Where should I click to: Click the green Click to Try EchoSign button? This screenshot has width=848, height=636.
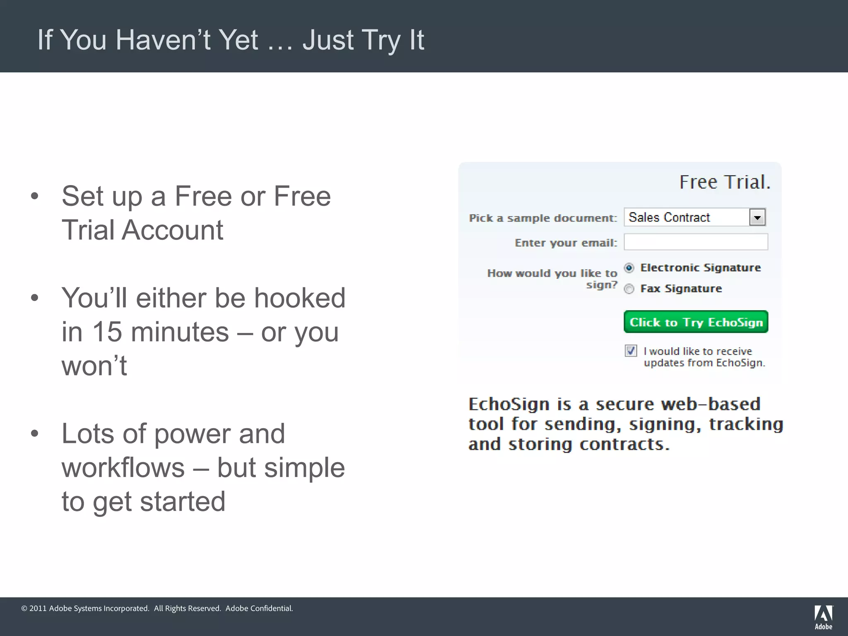pyautogui.click(x=696, y=322)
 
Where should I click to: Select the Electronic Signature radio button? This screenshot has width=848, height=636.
pyautogui.click(x=629, y=268)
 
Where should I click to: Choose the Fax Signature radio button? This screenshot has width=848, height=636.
pyautogui.click(x=629, y=289)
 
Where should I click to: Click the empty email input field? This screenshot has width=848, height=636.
pyautogui.click(x=696, y=242)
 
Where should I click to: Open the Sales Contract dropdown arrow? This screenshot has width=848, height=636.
pyautogui.click(x=757, y=217)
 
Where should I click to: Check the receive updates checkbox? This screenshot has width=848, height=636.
pyautogui.click(x=631, y=351)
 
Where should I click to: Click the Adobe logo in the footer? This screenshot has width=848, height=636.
pyautogui.click(x=823, y=617)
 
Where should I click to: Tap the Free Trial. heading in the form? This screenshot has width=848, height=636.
pyautogui.click(x=725, y=182)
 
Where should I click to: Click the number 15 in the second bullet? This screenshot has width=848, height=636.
pyautogui.click(x=107, y=332)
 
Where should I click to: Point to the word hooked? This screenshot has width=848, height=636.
pyautogui.click(x=299, y=298)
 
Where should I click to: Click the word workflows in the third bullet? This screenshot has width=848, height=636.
pyautogui.click(x=123, y=467)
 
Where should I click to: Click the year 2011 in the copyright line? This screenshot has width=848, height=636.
pyautogui.click(x=38, y=608)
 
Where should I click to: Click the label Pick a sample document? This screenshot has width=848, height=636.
pyautogui.click(x=543, y=218)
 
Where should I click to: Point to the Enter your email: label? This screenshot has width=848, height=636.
pyautogui.click(x=566, y=243)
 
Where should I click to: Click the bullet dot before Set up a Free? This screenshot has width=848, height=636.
pyautogui.click(x=35, y=196)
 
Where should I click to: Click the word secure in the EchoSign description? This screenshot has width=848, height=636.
pyautogui.click(x=625, y=404)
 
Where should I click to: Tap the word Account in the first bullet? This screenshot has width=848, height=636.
pyautogui.click(x=172, y=230)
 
